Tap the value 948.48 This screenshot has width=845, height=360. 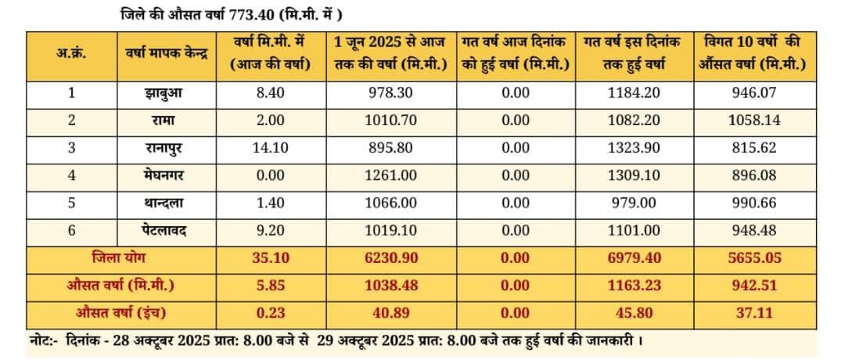pos(753,231)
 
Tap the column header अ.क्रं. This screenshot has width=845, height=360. pos(71,53)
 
